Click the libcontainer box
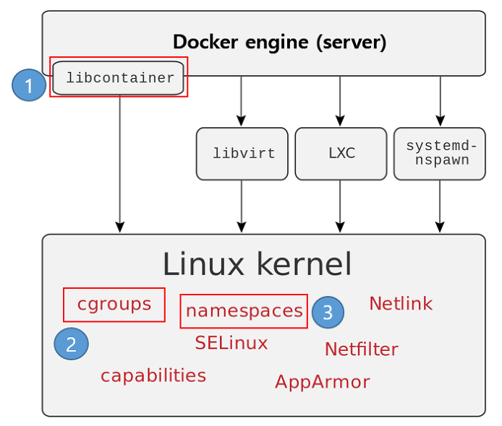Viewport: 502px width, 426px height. (118, 78)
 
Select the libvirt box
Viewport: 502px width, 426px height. (242, 154)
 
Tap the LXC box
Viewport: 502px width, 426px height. (341, 154)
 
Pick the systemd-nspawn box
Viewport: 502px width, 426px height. (440, 154)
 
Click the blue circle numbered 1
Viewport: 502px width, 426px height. (29, 85)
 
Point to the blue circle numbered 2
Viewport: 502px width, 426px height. (71, 344)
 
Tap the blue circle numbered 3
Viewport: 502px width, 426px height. (328, 312)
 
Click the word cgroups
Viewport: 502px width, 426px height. (114, 305)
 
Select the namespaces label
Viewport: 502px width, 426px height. (244, 311)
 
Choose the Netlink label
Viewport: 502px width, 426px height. (401, 303)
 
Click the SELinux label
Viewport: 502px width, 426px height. (231, 343)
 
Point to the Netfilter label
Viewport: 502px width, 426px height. (362, 349)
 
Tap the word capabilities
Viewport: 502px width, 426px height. (153, 375)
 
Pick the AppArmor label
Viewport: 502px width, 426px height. (323, 381)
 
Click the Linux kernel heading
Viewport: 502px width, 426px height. (257, 264)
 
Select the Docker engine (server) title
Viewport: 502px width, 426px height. (279, 42)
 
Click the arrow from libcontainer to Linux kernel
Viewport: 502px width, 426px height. (120, 164)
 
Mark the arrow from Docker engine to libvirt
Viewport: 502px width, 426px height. (241, 101)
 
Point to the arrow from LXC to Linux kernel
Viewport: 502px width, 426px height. (340, 207)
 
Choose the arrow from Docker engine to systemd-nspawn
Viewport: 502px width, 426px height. (441, 101)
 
